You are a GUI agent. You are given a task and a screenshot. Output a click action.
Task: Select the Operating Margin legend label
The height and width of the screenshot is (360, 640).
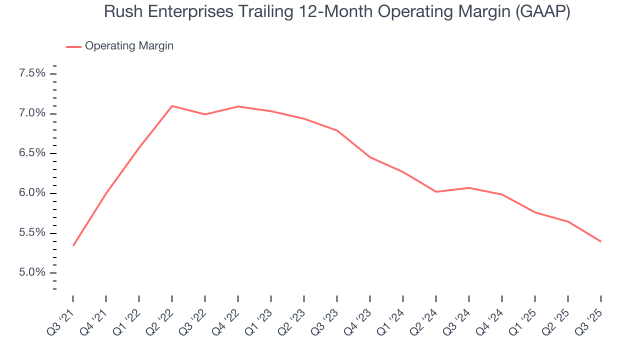tap(129, 46)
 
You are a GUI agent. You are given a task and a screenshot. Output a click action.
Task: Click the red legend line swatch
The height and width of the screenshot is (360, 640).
tap(73, 46)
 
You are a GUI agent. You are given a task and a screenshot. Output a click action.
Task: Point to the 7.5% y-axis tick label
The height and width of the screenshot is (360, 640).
tap(32, 73)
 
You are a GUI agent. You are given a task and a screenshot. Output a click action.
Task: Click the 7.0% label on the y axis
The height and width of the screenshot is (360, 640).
tap(32, 113)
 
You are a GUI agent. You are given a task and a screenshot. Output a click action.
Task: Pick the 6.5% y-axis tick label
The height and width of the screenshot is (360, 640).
tap(32, 153)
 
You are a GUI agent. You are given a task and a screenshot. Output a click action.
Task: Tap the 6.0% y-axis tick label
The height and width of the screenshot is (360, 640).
tap(32, 193)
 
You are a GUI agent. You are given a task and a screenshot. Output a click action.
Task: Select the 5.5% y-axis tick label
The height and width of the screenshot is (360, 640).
tap(32, 233)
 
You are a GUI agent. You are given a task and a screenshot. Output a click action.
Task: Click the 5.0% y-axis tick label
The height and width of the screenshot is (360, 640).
tap(32, 272)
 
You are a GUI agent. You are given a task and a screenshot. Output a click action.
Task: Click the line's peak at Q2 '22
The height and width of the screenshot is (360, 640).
tap(172, 106)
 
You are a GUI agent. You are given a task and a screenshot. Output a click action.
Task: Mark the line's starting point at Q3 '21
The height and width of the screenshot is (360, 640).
tap(73, 245)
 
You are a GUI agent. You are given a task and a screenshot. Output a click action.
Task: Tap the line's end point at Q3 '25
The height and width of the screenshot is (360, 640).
tap(600, 241)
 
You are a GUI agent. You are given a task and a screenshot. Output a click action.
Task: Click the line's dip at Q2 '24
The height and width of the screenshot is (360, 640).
tap(436, 191)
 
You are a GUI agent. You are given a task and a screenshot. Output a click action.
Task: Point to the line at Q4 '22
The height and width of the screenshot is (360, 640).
tap(238, 106)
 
